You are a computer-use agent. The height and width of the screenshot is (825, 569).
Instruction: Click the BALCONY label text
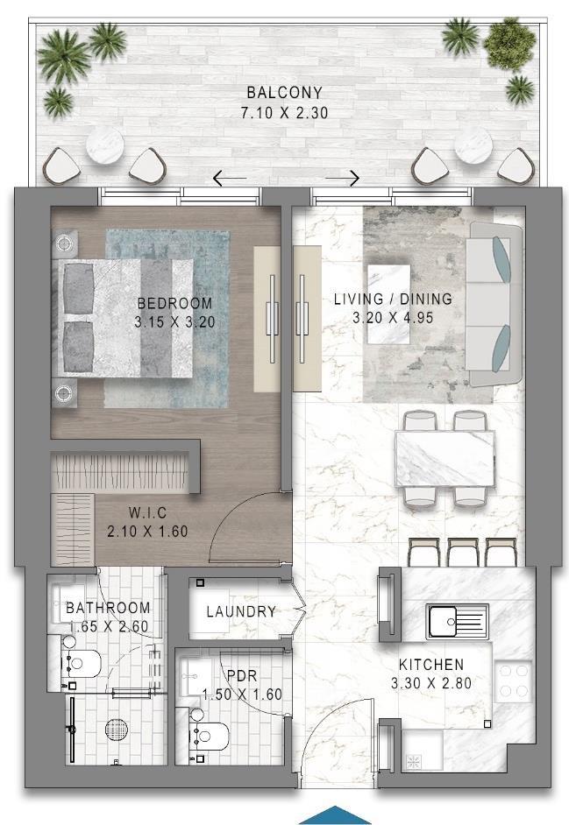284,93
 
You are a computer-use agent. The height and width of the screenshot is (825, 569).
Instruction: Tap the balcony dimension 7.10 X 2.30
284,113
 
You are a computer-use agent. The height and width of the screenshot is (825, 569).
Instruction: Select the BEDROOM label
175,303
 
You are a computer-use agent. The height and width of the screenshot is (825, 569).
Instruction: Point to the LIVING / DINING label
393,299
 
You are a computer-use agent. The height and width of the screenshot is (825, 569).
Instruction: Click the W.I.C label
147,512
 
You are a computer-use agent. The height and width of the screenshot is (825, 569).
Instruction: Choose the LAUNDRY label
241,611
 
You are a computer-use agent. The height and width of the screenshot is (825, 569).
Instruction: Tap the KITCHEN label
431,665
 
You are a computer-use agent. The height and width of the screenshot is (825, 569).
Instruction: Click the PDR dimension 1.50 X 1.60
242,695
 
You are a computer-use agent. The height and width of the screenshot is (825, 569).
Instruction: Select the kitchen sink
458,622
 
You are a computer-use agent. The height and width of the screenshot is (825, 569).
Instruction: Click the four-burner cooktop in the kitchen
513,681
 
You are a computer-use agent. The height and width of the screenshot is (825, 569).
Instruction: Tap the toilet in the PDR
209,735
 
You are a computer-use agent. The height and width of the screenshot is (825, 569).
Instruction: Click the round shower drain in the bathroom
117,730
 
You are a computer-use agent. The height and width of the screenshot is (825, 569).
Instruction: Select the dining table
445,458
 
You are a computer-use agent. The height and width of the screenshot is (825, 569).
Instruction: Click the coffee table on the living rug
388,304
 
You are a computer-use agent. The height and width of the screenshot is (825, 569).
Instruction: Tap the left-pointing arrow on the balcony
229,179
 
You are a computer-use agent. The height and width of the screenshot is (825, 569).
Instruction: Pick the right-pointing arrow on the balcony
343,179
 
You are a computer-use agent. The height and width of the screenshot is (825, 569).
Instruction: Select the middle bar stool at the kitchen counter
464,552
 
